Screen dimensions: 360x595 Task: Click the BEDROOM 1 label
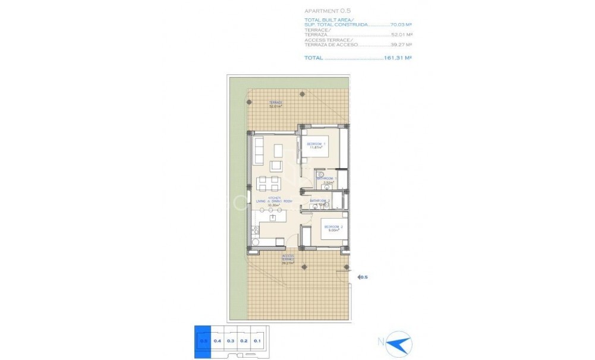[316, 146]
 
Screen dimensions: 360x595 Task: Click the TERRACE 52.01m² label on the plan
[274, 105]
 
